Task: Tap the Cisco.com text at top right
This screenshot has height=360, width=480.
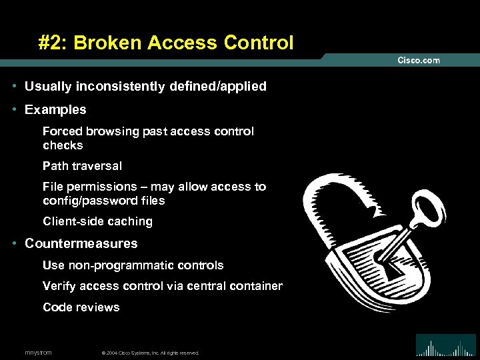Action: tap(419, 60)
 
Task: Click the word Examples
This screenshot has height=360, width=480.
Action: tap(55, 109)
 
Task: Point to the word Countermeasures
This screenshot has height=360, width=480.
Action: tap(81, 243)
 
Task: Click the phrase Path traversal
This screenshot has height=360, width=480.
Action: tap(82, 166)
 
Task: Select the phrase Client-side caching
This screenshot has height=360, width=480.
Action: tap(97, 221)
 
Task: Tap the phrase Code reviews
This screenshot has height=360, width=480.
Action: tap(81, 307)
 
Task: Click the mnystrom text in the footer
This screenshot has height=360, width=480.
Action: tap(38, 352)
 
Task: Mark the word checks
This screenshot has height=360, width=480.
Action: tap(63, 145)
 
